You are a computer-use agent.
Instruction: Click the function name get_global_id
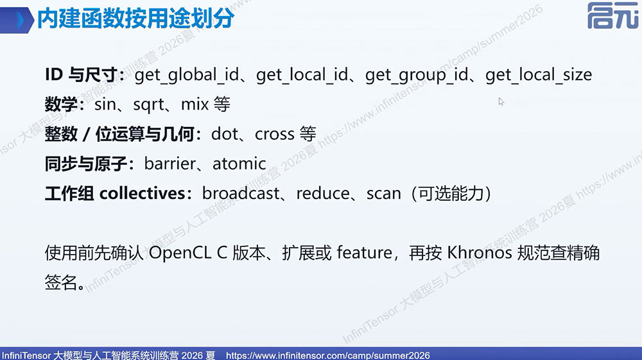pos(187,75)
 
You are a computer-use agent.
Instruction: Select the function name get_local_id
pos(302,75)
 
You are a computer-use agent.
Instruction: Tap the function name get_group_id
pos(417,75)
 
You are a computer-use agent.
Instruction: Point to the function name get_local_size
pos(539,75)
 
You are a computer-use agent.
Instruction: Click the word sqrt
pos(149,105)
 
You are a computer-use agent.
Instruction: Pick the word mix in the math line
pos(195,105)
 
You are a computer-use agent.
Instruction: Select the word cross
pos(274,134)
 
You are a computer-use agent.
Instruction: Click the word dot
pos(224,133)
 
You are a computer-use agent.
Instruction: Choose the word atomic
pos(239,164)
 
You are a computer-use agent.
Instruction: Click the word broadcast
pos(241,193)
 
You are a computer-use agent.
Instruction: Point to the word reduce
pos(323,193)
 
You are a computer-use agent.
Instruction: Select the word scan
pos(384,194)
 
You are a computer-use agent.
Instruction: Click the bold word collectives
pos(142,193)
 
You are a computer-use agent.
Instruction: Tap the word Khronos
pos(480,252)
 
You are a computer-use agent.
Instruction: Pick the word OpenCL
pos(180,252)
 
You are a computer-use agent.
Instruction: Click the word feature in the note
pos(365,252)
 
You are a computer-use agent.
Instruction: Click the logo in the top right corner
pos(613,15)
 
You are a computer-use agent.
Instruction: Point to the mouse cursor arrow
pos(501,101)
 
